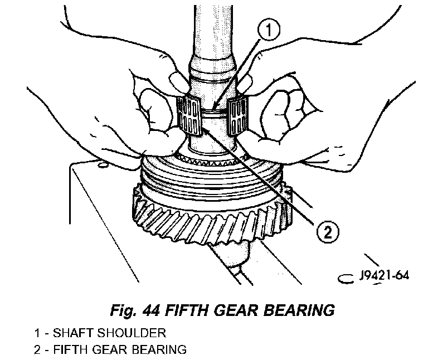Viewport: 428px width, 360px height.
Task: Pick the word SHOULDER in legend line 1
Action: point(137,333)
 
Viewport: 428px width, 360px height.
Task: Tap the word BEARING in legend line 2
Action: point(159,350)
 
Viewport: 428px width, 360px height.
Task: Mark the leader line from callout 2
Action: point(262,178)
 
